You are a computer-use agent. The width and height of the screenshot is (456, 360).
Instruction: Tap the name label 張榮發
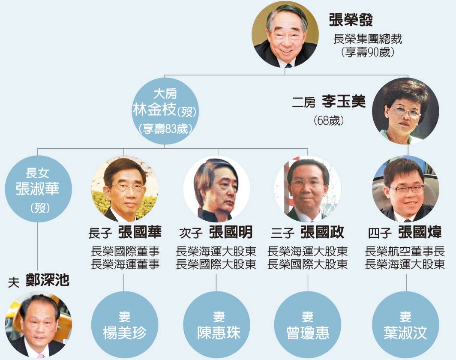(x=351, y=20)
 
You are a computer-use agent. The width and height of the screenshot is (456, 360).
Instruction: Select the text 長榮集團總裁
(x=368, y=39)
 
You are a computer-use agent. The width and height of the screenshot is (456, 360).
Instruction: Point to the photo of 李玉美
(x=405, y=111)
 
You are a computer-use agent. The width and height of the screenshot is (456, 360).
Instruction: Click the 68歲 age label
(x=329, y=120)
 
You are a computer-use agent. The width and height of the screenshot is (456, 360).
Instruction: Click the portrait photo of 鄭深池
(x=38, y=325)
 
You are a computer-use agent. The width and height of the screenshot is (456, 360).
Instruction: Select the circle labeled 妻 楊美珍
(x=125, y=325)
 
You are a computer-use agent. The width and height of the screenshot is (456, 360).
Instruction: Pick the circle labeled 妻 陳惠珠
(x=217, y=325)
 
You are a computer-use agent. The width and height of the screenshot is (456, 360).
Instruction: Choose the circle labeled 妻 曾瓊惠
(x=308, y=325)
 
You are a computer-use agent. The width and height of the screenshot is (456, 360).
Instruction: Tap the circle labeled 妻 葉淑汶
(x=405, y=325)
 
